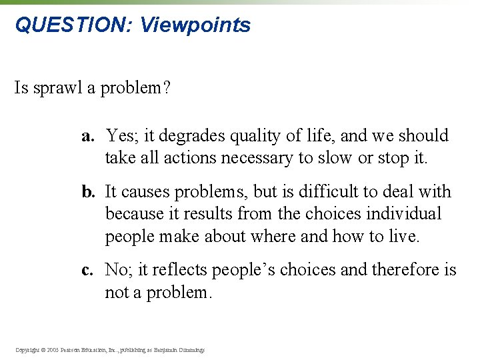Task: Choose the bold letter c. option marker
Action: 88,270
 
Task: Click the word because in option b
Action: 131,214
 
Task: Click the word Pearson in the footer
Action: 73,349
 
